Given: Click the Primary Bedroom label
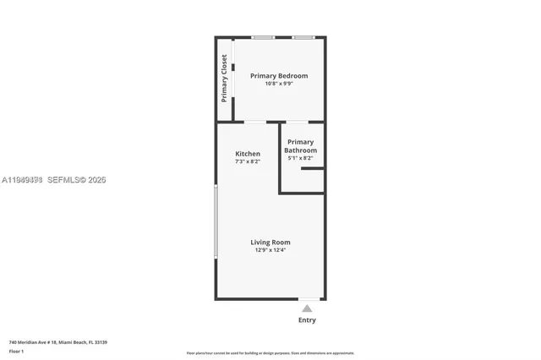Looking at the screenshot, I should (278, 76).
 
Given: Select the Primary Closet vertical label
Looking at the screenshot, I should (224, 79).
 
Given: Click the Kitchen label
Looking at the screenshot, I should (247, 154).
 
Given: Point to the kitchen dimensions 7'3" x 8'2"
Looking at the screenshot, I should (247, 161).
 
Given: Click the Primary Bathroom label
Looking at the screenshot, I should (300, 146).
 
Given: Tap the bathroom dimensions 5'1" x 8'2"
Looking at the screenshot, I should (300, 158).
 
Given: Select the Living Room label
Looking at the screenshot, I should (270, 243).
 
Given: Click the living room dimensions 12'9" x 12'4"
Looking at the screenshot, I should (270, 250).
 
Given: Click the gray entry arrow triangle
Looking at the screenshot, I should (307, 308).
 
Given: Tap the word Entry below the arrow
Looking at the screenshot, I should (307, 320).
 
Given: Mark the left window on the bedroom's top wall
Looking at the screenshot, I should (262, 37).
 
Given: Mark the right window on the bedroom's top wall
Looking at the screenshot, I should (303, 37).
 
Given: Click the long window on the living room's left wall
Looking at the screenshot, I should (216, 221).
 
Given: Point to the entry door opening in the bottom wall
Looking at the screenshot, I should (309, 298).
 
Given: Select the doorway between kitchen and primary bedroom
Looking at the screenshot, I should (255, 123).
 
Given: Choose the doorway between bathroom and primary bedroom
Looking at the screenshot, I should (297, 123).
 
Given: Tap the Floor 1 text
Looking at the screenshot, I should (16, 351).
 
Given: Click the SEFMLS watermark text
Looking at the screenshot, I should (77, 180).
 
